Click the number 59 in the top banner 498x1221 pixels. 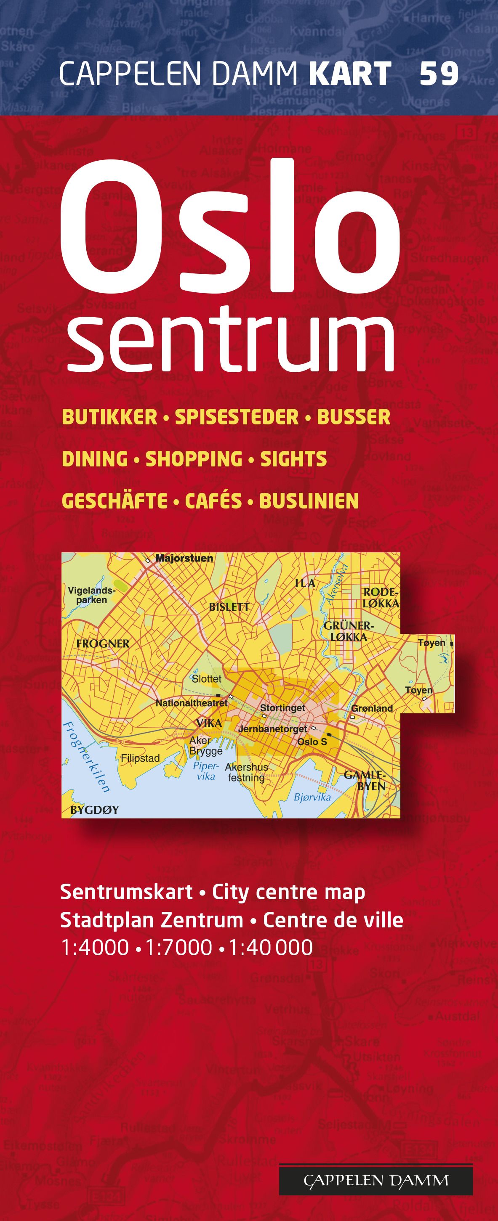[439, 74]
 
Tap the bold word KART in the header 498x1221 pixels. [349, 74]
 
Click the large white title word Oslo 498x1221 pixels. [230, 228]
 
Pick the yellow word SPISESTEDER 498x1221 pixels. [237, 417]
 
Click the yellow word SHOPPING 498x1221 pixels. [194, 459]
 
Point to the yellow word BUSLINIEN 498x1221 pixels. [309, 501]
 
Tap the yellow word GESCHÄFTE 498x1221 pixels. [115, 501]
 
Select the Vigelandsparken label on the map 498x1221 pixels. [91, 595]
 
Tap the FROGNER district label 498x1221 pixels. [102, 643]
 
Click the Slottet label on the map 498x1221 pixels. [206, 678]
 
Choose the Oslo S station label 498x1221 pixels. [312, 742]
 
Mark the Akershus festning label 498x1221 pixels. [246, 772]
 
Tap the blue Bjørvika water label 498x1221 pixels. [312, 797]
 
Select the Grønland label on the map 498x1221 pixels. [372, 708]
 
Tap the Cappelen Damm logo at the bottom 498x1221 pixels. [375, 1180]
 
